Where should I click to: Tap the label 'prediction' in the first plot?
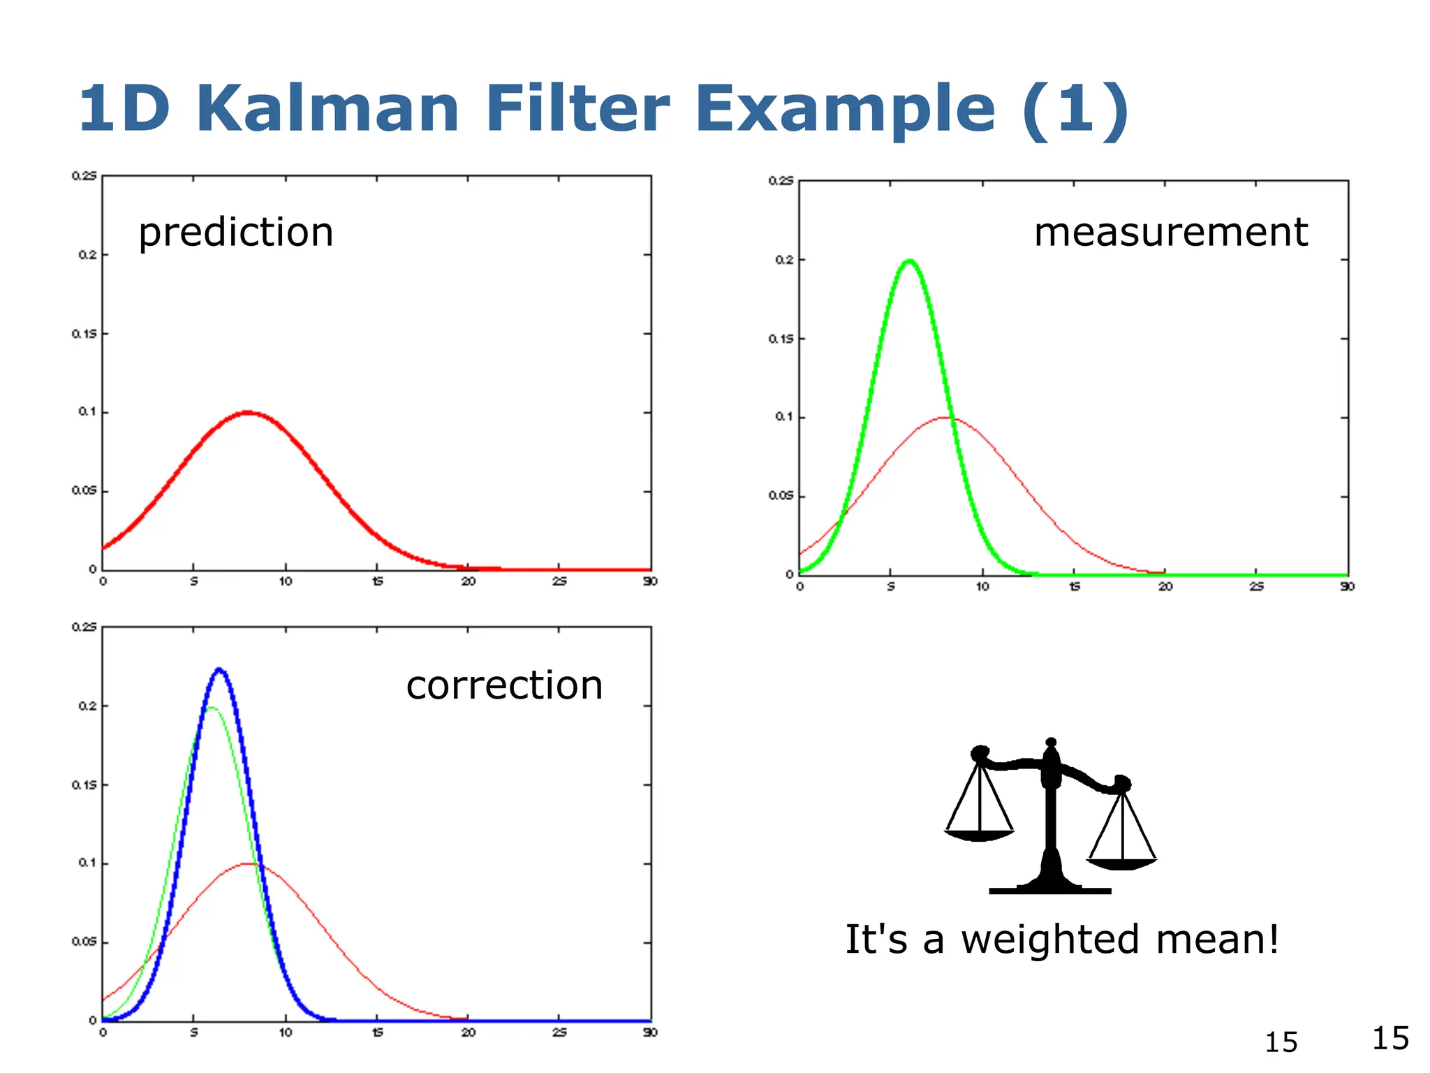[x=236, y=233]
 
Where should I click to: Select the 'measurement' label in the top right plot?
[x=1170, y=233]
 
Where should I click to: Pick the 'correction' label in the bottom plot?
[x=504, y=685]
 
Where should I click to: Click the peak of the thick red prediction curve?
[x=249, y=413]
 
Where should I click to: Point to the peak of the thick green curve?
[x=908, y=261]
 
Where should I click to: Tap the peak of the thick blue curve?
[x=220, y=670]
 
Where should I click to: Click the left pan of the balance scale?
[x=979, y=835]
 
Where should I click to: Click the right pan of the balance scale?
[x=1121, y=863]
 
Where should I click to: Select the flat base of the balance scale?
[x=1049, y=891]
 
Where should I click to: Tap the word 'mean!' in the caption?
[x=1218, y=940]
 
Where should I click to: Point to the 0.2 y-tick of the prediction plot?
[x=87, y=255]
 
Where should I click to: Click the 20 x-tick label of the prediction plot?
[x=469, y=582]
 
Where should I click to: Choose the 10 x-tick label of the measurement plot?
[x=982, y=587]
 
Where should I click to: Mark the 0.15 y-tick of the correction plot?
[x=84, y=785]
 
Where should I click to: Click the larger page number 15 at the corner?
[x=1390, y=1038]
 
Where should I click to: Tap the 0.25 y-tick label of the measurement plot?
[x=781, y=181]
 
